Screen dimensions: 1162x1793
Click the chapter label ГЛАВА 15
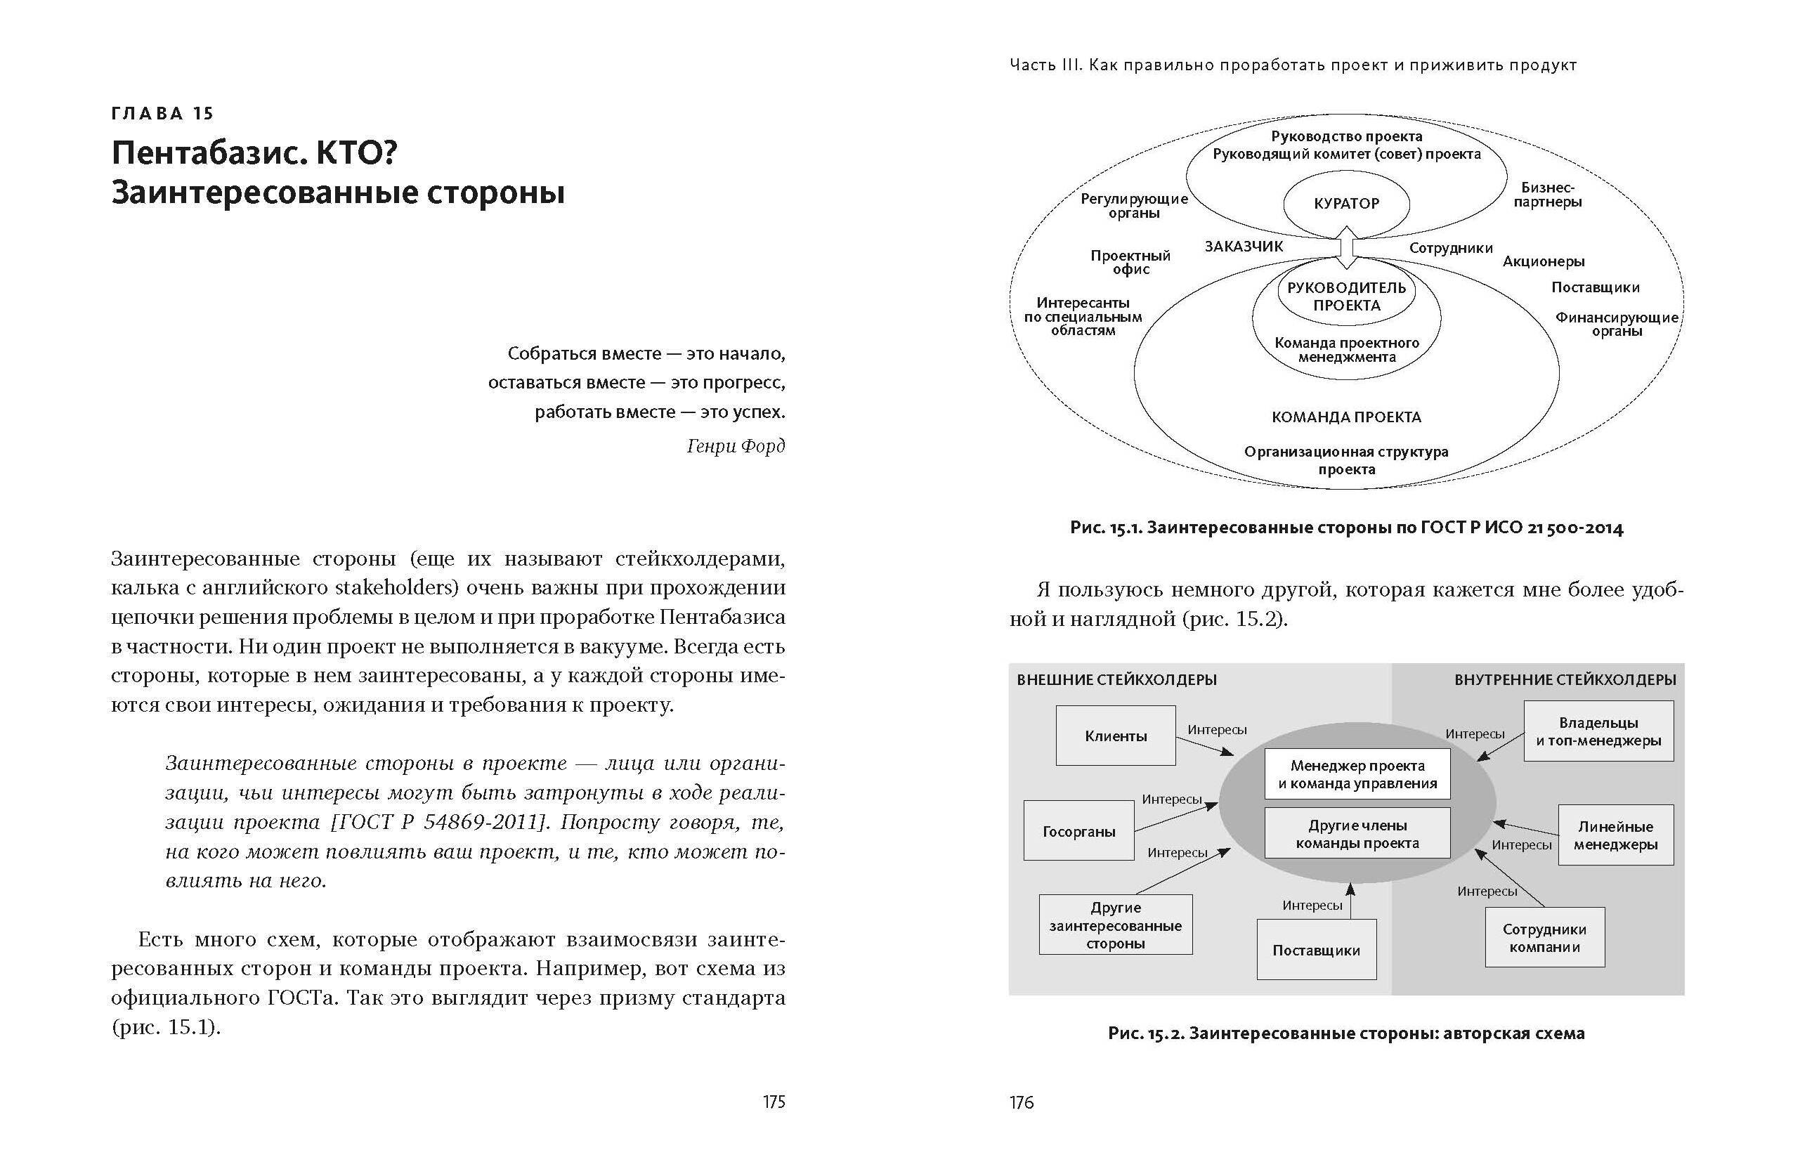[x=162, y=114]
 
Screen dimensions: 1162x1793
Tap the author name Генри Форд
[x=736, y=446]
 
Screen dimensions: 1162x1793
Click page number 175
[x=774, y=1102]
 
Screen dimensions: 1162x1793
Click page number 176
[x=1022, y=1102]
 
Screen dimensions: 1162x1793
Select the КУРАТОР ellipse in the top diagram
[x=1346, y=203]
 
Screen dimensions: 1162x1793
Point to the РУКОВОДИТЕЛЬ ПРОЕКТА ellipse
[x=1346, y=296]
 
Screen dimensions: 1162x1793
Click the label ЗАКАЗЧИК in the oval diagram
[x=1243, y=247]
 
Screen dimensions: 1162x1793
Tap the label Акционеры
[x=1544, y=261]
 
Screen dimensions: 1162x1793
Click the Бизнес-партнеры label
[x=1547, y=195]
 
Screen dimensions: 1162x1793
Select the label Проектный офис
[x=1130, y=262]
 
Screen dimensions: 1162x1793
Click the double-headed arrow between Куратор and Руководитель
[x=1346, y=249]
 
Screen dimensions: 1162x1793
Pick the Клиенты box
[x=1116, y=736]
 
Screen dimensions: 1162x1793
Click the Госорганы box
[x=1078, y=831]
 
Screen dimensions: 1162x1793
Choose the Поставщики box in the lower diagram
[x=1316, y=950]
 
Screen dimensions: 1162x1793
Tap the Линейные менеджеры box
[x=1615, y=835]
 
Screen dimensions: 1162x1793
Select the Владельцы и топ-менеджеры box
[x=1598, y=731]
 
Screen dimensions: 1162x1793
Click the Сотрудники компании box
[x=1544, y=938]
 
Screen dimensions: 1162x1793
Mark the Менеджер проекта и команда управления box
[x=1357, y=774]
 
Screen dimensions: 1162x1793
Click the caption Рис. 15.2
[x=1345, y=1033]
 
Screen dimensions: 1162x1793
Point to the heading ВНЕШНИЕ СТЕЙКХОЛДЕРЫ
[x=1116, y=679]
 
